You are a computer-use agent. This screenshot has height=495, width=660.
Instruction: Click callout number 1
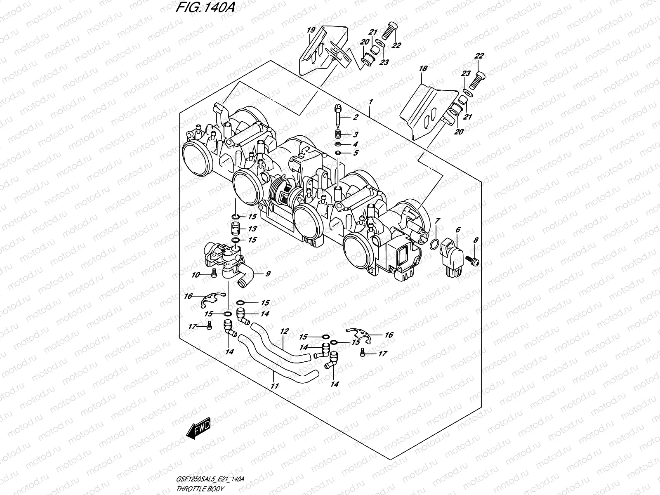(x=371, y=101)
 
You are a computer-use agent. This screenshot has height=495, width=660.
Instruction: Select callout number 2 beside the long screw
(x=355, y=118)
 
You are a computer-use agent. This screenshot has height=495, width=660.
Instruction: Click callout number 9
(x=268, y=273)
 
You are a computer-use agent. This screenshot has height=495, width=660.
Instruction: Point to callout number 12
(x=284, y=331)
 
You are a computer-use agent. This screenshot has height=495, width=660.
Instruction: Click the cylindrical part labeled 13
(x=236, y=229)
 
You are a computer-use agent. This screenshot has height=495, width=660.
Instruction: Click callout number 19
(x=311, y=30)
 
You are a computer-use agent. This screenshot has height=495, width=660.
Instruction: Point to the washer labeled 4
(x=338, y=144)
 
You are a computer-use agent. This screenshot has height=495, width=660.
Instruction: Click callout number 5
(x=355, y=153)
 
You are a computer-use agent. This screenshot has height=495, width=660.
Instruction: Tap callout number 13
(x=252, y=229)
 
